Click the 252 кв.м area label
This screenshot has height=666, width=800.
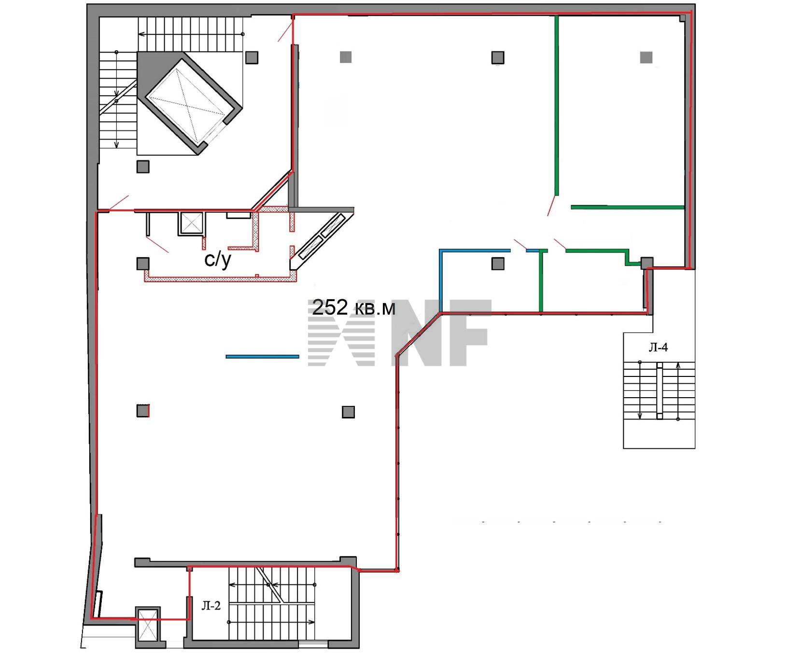pyautogui.click(x=354, y=307)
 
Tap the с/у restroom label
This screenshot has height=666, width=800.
pyautogui.click(x=218, y=260)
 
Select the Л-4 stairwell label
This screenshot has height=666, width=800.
pyautogui.click(x=658, y=347)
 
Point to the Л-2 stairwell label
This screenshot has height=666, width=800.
pyautogui.click(x=211, y=606)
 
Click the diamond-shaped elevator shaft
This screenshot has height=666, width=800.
pyautogui.click(x=190, y=103)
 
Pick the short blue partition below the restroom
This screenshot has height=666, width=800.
pyautogui.click(x=262, y=357)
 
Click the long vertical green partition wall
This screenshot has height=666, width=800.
pyautogui.click(x=557, y=106)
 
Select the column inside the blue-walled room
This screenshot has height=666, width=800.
pyautogui.click(x=498, y=264)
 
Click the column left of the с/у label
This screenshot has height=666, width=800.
pyautogui.click(x=142, y=264)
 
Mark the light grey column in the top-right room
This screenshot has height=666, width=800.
pyautogui.click(x=646, y=57)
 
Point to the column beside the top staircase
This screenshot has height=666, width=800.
pyautogui.click(x=252, y=57)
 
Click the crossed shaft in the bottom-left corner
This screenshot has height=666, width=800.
pyautogui.click(x=147, y=623)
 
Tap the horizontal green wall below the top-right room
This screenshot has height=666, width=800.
pyautogui.click(x=628, y=208)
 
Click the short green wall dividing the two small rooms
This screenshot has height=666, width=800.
pyautogui.click(x=541, y=281)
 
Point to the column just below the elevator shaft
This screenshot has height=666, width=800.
pyautogui.click(x=142, y=166)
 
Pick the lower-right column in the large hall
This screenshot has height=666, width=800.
pyautogui.click(x=348, y=412)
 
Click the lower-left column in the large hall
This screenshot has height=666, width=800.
pyautogui.click(x=142, y=411)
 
